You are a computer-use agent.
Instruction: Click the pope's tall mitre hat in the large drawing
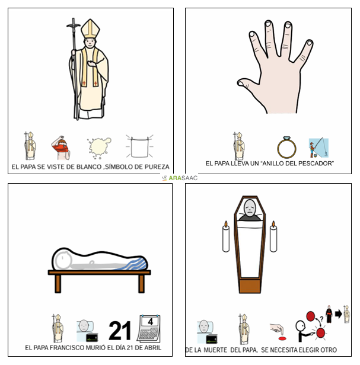pyautogui.click(x=90, y=28)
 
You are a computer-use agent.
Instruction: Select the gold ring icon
pyautogui.click(x=286, y=148)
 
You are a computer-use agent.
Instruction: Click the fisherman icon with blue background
pyautogui.click(x=318, y=148)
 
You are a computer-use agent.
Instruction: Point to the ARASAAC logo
pyautogui.click(x=180, y=178)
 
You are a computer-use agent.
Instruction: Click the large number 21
pyautogui.click(x=120, y=331)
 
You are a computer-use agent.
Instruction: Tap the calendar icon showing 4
pyautogui.click(x=149, y=328)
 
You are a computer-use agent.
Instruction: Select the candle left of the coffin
pyautogui.click(x=226, y=236)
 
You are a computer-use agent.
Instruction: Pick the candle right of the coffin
pyautogui.click(x=273, y=236)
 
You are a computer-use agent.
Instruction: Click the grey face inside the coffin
pyautogui.click(x=250, y=208)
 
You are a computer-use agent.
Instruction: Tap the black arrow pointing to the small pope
pyautogui.click(x=338, y=314)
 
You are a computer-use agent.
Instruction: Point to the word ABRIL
pyautogui.click(x=152, y=348)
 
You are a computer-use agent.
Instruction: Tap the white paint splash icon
pyautogui.click(x=100, y=148)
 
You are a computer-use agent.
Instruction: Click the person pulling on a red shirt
pyautogui.click(x=61, y=148)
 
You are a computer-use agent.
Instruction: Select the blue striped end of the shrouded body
pyautogui.click(x=138, y=264)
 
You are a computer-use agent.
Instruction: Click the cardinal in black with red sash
pyautogui.click(x=329, y=314)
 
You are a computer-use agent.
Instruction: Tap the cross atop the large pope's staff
pyautogui.click(x=74, y=25)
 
